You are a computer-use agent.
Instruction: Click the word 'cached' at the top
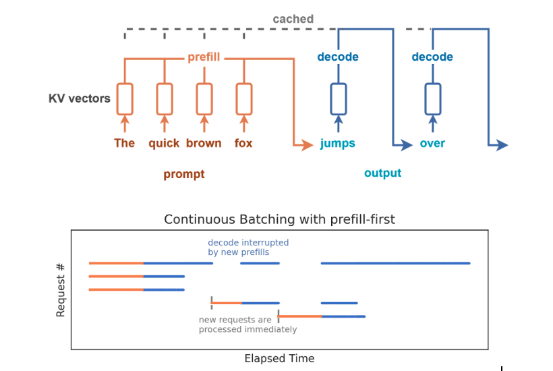293,19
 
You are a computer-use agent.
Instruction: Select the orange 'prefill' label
204,57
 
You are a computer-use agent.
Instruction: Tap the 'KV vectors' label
80,98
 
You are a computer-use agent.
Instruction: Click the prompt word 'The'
124,143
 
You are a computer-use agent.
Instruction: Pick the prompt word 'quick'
164,143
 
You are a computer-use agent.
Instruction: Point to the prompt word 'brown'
204,143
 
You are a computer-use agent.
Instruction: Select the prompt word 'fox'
243,143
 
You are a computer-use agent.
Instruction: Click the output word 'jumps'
338,143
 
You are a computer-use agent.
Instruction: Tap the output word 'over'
432,143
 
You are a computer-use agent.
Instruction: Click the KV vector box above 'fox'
243,99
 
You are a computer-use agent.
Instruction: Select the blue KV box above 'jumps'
338,99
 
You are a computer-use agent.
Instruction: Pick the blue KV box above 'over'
432,99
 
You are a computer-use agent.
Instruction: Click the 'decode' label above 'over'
432,57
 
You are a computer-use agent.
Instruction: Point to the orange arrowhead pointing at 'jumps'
299,144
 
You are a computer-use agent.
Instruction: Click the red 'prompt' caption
183,174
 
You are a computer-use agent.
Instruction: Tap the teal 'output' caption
382,173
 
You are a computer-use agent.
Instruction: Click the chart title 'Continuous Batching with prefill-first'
279,219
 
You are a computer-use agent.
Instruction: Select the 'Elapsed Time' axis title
279,358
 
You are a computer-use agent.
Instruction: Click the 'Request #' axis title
61,290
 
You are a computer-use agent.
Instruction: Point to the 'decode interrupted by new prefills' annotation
248,247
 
